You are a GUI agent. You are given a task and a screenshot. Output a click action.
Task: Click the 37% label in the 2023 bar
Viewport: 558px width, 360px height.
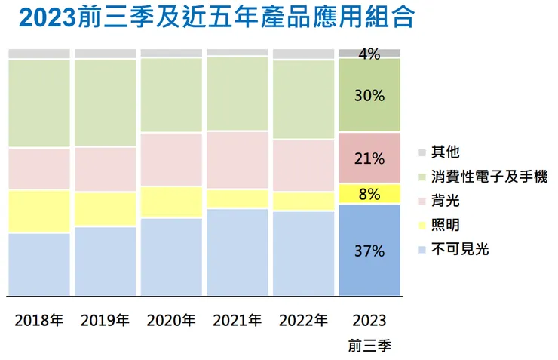click(369, 251)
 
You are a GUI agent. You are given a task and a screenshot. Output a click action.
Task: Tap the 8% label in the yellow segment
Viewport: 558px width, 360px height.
click(369, 194)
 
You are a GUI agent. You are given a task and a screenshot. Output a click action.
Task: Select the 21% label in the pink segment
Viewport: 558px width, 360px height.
click(369, 158)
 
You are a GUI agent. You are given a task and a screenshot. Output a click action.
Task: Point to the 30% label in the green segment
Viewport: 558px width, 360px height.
click(369, 96)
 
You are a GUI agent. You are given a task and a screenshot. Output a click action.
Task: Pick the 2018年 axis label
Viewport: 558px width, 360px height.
click(39, 320)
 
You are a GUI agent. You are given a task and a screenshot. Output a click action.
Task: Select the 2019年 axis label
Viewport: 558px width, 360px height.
click(105, 320)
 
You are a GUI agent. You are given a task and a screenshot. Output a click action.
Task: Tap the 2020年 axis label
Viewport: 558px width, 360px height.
click(171, 320)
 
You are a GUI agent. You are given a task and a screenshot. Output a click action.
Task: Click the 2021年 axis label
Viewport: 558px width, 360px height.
click(237, 320)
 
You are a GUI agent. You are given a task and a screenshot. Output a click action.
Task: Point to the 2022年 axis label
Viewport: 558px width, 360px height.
click(303, 320)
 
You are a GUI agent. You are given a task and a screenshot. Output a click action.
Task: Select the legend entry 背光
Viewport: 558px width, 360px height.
click(444, 201)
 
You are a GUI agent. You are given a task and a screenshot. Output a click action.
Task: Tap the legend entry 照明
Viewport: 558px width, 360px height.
click(444, 225)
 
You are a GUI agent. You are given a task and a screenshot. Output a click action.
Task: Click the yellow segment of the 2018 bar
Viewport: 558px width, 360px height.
click(39, 211)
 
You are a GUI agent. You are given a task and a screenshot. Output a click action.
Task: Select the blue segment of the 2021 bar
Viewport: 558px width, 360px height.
click(237, 252)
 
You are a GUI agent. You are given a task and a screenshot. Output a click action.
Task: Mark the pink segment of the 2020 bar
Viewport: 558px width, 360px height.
click(171, 159)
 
